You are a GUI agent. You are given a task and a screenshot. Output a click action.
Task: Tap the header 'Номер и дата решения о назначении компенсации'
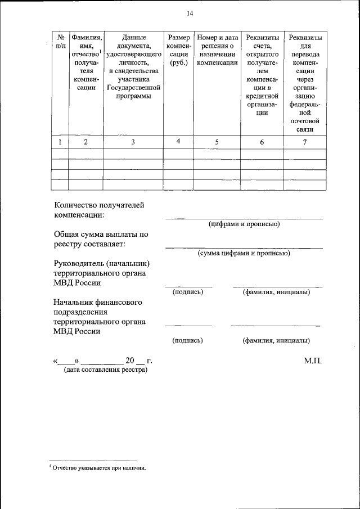217,50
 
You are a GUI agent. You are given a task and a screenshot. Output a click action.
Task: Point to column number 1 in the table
60,142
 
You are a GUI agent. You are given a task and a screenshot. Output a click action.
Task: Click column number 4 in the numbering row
178,142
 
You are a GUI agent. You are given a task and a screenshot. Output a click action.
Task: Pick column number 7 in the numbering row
305,142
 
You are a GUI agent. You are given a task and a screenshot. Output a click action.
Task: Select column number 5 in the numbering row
217,142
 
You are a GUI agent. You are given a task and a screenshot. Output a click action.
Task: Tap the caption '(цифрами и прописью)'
244,224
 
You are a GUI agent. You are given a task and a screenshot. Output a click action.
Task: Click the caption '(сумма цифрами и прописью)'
244,253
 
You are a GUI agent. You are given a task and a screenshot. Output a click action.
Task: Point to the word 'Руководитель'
78,263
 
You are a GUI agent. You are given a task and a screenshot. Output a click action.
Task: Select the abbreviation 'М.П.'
313,361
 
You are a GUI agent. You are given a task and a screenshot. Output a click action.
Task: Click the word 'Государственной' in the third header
133,88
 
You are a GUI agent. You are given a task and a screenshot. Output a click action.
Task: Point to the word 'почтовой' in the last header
305,121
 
